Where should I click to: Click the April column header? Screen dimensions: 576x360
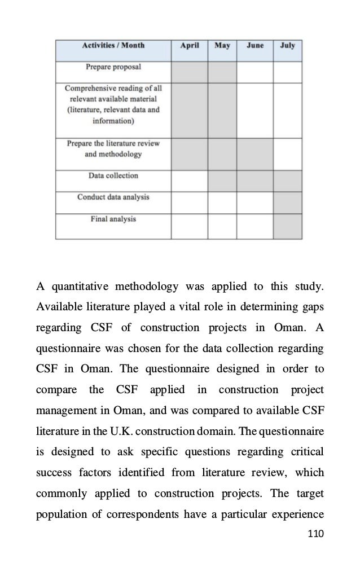[189, 46]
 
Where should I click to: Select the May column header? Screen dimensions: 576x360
[222, 46]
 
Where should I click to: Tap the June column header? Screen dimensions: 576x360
[254, 46]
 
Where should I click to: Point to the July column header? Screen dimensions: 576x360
[287, 46]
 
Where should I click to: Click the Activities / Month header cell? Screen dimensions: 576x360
[113, 46]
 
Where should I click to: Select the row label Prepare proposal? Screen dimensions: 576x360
[113, 67]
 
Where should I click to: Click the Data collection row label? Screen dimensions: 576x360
[113, 176]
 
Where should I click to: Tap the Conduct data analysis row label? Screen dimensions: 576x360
[113, 197]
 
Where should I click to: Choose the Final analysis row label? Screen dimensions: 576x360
[113, 219]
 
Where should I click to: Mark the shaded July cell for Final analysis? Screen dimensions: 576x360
[287, 226]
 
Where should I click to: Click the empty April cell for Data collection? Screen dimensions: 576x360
[189, 181]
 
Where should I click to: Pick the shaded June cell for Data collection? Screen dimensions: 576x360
[254, 181]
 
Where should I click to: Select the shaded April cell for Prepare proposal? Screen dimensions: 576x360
[189, 72]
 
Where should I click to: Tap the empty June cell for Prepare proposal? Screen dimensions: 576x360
[254, 72]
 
